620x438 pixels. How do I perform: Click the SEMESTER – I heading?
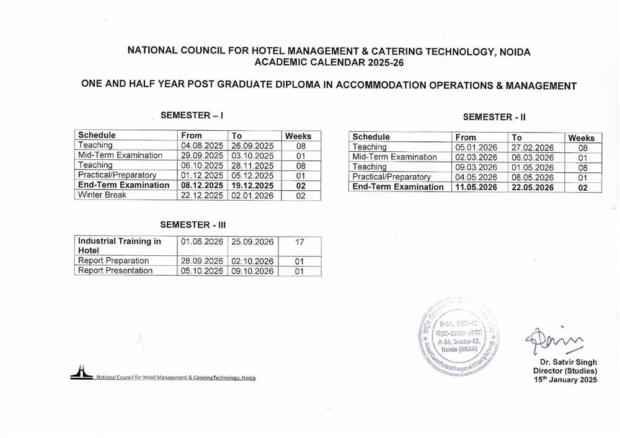click(192, 115)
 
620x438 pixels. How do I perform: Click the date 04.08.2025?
click(201, 146)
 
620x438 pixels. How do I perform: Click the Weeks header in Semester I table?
click(298, 136)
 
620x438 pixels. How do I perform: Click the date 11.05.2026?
click(477, 187)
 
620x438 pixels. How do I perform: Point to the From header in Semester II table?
click(466, 138)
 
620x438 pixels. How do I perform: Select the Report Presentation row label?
click(115, 271)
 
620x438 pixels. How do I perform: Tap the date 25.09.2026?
click(252, 241)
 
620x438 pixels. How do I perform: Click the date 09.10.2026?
click(252, 271)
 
